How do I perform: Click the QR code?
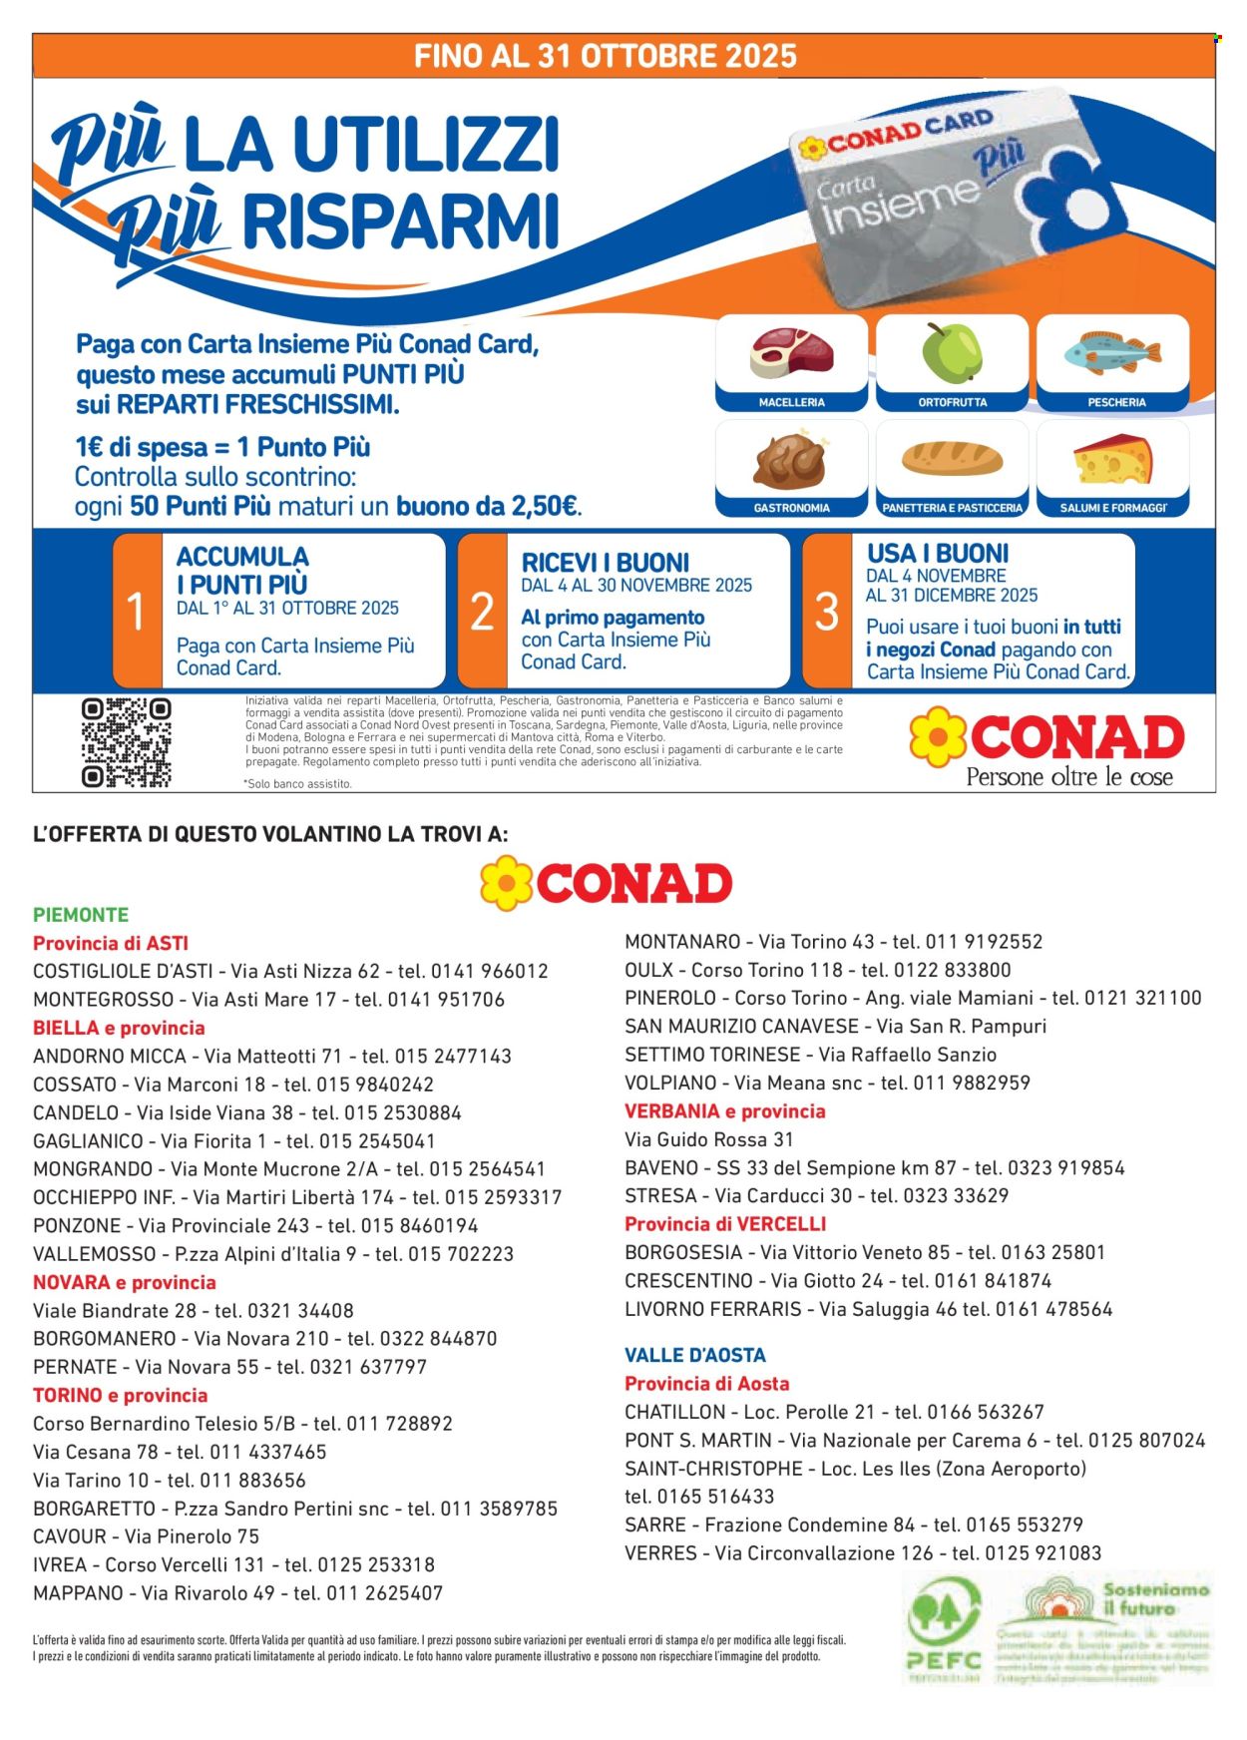(126, 743)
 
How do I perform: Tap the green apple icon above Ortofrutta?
(952, 353)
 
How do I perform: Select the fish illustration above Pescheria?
(1112, 353)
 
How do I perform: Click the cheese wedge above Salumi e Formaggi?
(1113, 459)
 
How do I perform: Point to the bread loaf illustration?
(952, 458)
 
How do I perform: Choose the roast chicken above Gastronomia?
(791, 459)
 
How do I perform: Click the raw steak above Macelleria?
(791, 354)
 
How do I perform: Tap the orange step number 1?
(137, 611)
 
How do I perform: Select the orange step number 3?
(827, 611)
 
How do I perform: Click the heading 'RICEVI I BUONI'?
(606, 563)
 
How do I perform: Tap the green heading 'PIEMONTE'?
(81, 915)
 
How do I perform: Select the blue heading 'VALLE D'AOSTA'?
(695, 1355)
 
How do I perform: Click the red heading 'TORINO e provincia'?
(121, 1395)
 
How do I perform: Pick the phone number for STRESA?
(963, 1195)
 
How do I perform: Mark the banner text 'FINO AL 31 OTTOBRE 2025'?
(606, 56)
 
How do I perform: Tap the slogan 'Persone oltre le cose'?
(1068, 777)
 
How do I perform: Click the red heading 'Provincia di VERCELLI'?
(725, 1224)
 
